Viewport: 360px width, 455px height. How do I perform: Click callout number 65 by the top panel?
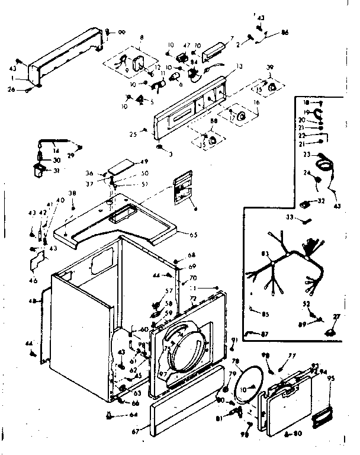[193, 235]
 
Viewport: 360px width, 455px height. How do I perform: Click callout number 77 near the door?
[291, 356]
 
